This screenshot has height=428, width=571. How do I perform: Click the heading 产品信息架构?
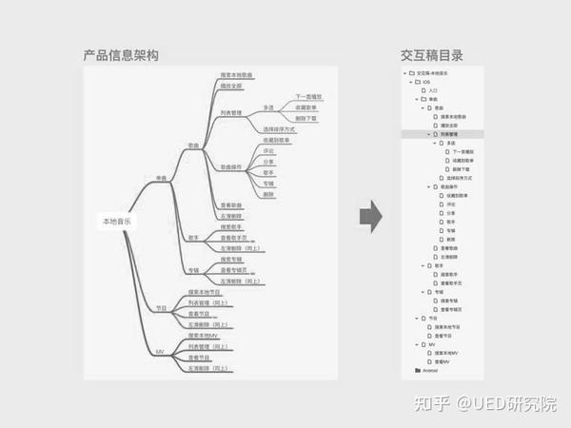point(120,56)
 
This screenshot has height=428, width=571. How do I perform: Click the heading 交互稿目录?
point(438,56)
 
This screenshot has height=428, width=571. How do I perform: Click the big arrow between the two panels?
point(370,217)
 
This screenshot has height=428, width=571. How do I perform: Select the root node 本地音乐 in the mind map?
point(119,222)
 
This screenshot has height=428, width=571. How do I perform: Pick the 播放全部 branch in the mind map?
point(232,87)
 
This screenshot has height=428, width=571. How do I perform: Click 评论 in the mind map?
point(268,150)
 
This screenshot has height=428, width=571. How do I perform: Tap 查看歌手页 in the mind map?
point(232,238)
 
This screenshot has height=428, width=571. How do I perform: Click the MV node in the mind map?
point(161,352)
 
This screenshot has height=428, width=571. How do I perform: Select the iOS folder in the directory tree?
point(425,82)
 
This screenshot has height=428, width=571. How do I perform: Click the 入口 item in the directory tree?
point(434,90)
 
